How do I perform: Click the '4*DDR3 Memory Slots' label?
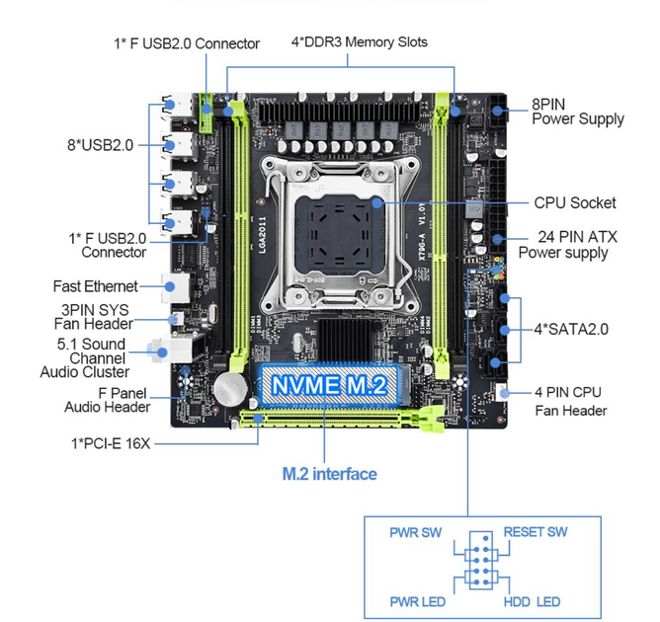point(360,42)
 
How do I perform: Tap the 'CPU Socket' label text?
point(575,202)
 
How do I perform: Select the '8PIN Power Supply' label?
point(578,112)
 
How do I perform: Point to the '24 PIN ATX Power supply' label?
point(568,244)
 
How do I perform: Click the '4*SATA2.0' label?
point(571,329)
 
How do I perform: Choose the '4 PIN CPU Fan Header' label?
point(570,401)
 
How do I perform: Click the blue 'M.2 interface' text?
point(330,474)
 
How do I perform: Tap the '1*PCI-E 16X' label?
point(111,443)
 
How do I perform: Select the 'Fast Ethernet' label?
point(95,286)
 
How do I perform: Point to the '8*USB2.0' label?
point(100,145)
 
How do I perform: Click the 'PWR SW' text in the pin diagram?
point(415,532)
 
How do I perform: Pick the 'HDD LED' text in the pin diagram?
point(532,602)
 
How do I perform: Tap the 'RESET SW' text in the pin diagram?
point(536,532)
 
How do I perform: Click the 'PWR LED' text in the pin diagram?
point(417,602)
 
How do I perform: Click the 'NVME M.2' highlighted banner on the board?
point(329,385)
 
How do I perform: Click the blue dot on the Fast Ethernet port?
point(170,287)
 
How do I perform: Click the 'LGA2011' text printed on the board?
point(262,235)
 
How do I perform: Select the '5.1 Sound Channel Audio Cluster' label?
point(85,357)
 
